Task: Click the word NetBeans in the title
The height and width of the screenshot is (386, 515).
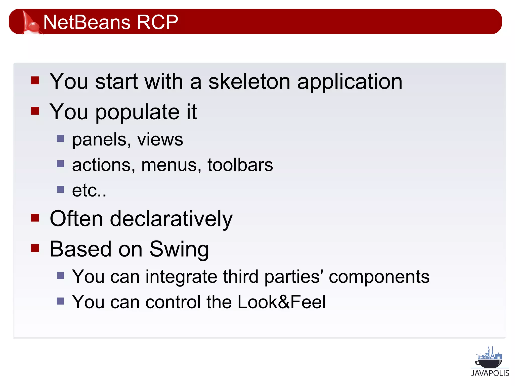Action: click(x=87, y=22)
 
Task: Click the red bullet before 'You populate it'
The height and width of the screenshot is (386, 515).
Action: click(x=35, y=111)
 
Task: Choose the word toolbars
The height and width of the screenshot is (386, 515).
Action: click(x=240, y=165)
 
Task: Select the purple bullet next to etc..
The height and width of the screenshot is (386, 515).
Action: click(x=60, y=189)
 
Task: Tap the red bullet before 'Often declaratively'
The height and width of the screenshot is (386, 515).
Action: click(x=35, y=218)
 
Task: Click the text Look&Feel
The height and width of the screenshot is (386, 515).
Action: click(x=281, y=302)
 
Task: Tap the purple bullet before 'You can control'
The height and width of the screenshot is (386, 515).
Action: click(x=60, y=301)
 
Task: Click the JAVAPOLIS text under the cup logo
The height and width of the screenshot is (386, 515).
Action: click(x=490, y=373)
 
